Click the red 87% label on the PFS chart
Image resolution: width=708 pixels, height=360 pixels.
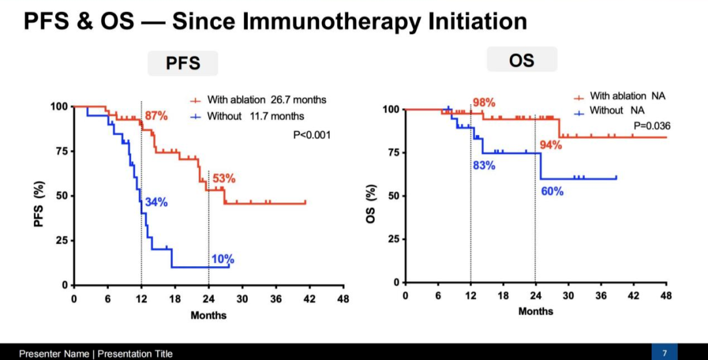coord(157,116)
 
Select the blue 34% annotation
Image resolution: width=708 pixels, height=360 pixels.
coord(156,201)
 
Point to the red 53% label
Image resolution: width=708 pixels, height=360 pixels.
coord(224,178)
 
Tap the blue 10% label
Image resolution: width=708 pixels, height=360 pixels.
coord(222,259)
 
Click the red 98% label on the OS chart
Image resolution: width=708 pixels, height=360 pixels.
coord(484,103)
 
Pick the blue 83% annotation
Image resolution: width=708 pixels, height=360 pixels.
coord(483,165)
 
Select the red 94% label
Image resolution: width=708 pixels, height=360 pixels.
coord(551,145)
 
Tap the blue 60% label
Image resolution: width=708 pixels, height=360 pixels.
coord(552,191)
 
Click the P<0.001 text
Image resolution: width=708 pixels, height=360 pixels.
coord(311,135)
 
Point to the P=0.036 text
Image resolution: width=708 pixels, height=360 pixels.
coord(652,125)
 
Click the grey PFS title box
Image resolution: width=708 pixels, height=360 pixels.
coord(182,64)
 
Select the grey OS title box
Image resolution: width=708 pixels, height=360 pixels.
coord(521,60)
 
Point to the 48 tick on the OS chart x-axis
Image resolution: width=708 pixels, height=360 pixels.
coord(665,296)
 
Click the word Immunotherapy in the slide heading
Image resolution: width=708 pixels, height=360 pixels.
coord(325,21)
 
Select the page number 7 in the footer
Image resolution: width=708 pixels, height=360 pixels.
coord(664,353)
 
